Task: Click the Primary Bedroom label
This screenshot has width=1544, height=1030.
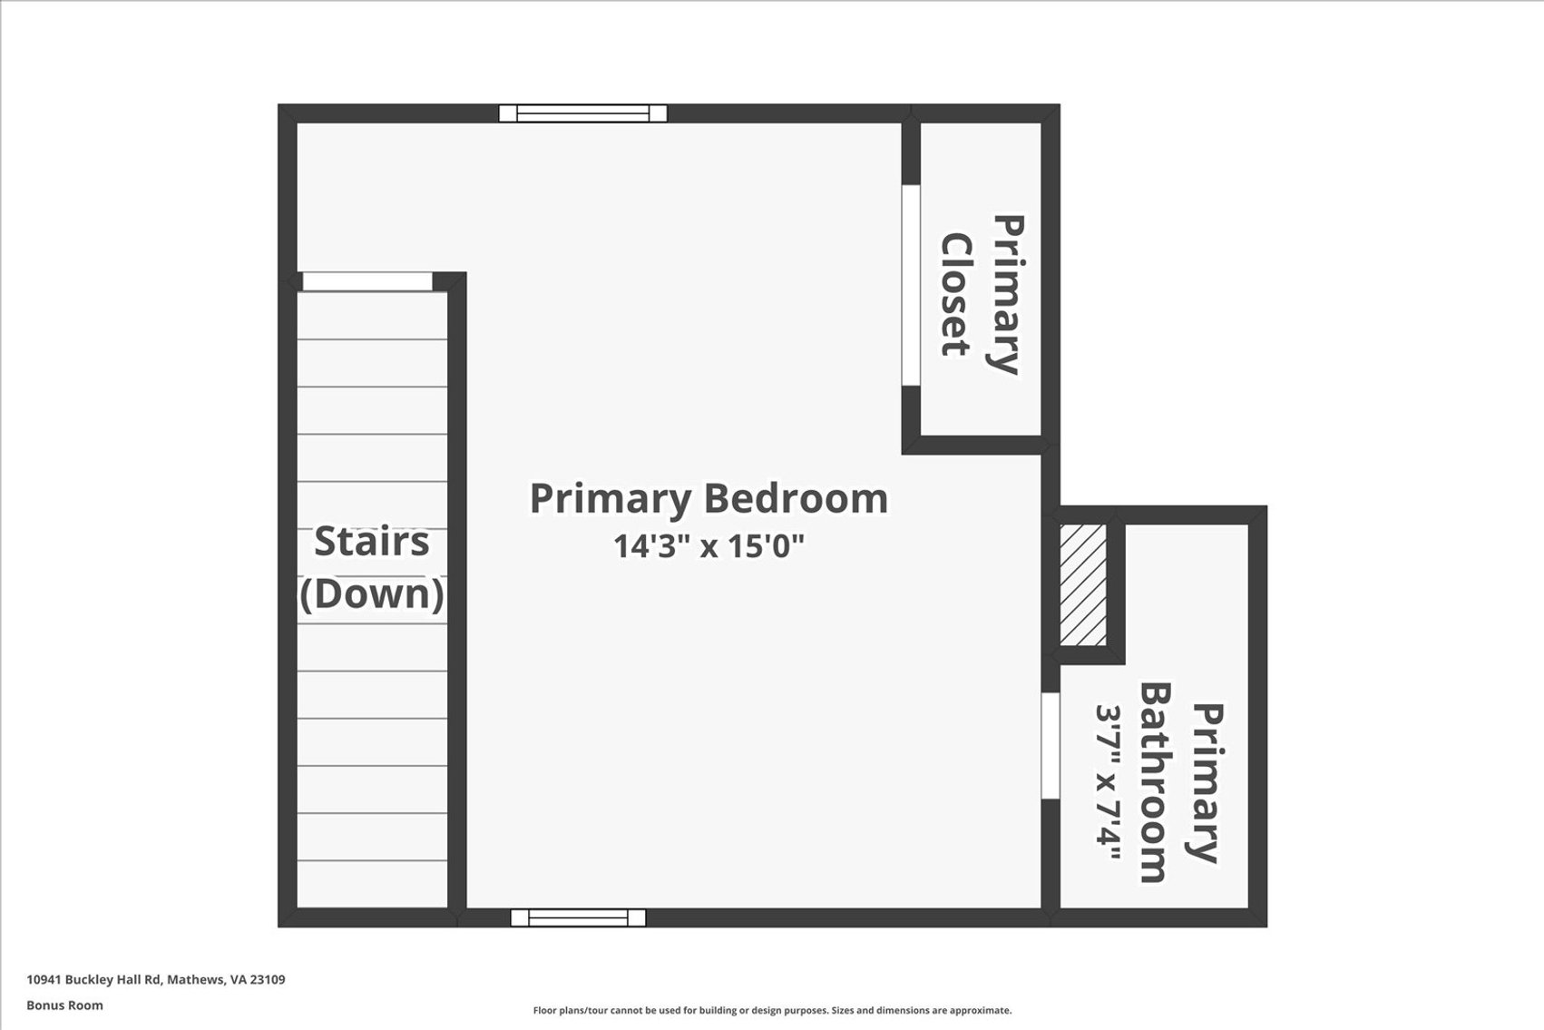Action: click(x=708, y=499)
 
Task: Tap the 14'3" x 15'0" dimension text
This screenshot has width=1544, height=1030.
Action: click(x=708, y=546)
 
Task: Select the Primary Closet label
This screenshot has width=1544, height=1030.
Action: click(x=982, y=294)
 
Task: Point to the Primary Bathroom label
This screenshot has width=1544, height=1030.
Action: click(x=1181, y=782)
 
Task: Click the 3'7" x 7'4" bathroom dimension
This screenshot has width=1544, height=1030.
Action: click(x=1109, y=782)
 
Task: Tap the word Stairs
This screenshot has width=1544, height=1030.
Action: click(x=372, y=541)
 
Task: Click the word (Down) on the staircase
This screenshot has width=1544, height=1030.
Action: click(x=372, y=593)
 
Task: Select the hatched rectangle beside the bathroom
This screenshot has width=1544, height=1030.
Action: click(x=1083, y=584)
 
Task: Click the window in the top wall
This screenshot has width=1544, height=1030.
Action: click(x=582, y=113)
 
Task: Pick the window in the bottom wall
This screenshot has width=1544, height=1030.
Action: click(x=578, y=917)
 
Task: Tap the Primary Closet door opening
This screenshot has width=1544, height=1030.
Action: click(x=911, y=285)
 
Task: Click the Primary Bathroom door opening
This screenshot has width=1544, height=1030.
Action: click(x=1050, y=746)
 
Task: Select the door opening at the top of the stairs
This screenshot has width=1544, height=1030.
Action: click(x=367, y=281)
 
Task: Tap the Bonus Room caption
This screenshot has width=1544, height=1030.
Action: click(x=64, y=1005)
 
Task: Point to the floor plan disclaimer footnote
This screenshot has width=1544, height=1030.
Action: click(x=772, y=1011)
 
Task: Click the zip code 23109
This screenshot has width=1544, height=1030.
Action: click(x=268, y=980)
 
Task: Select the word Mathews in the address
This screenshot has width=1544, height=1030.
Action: click(x=196, y=980)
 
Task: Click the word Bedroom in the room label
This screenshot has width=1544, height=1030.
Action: click(x=796, y=499)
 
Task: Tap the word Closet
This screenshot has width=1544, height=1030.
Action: click(x=957, y=294)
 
